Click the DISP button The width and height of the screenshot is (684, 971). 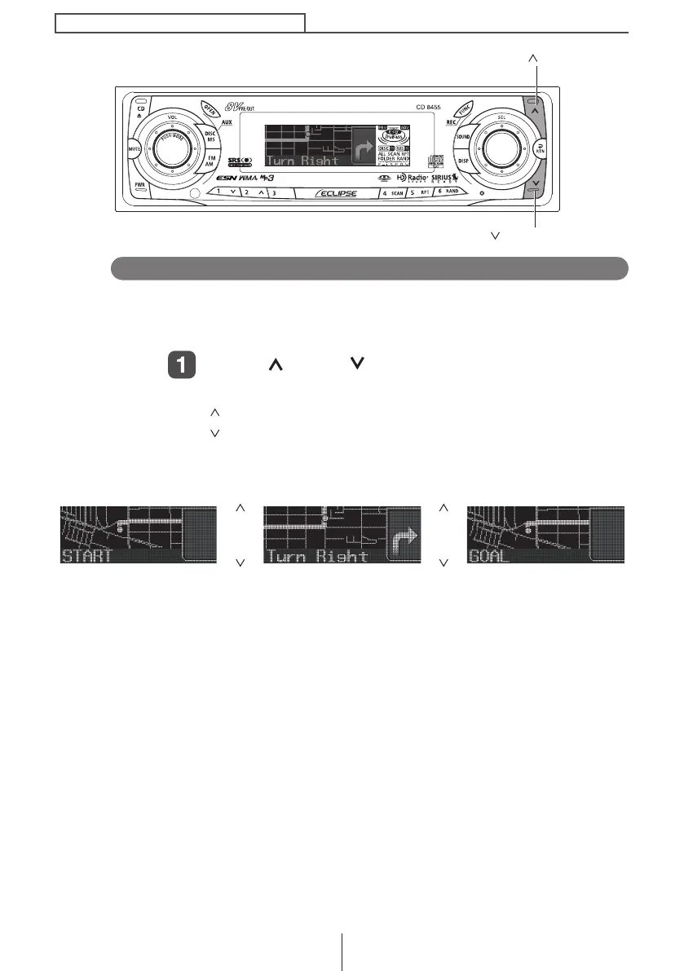[463, 161]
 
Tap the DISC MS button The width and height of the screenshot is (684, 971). [210, 135]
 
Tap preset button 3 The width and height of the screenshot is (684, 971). [273, 193]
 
